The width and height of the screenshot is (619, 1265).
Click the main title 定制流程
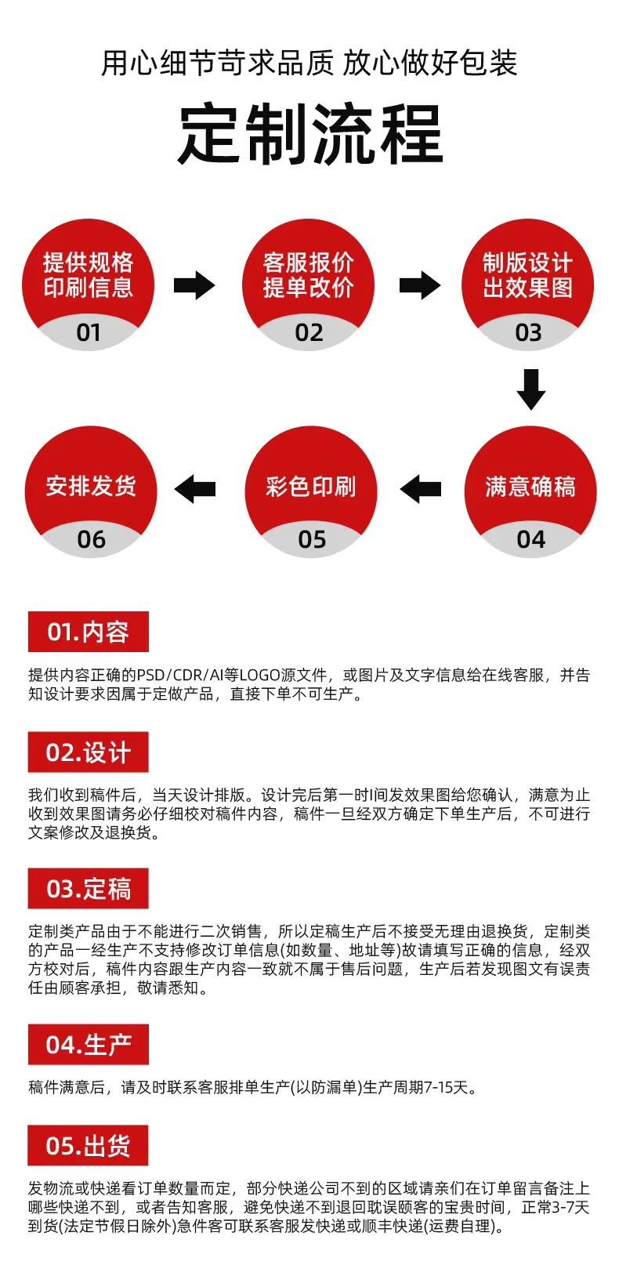tap(310, 134)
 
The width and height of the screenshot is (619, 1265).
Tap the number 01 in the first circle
tap(89, 332)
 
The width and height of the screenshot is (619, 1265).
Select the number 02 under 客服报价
tap(309, 332)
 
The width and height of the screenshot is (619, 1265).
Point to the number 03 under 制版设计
tap(529, 332)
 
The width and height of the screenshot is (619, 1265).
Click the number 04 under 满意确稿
tap(531, 539)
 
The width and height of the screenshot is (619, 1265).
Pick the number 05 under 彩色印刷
tap(312, 539)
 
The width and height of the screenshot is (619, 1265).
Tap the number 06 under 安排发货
tap(92, 539)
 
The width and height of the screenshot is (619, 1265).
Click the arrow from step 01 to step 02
tap(194, 285)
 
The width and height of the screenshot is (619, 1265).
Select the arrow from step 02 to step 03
tap(420, 285)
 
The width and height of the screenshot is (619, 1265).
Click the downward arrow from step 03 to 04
tap(531, 390)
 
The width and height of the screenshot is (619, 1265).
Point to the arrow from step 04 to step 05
tap(421, 489)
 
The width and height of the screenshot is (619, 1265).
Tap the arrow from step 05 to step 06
tap(195, 489)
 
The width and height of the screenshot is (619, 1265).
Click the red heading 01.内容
tap(88, 632)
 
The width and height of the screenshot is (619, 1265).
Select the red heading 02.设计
tap(88, 752)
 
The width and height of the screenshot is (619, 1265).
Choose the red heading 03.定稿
tap(88, 888)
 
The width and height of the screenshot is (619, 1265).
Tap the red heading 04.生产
tap(88, 1044)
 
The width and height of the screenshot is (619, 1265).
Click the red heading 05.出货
tap(88, 1145)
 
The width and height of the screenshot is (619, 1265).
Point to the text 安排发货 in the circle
tap(91, 486)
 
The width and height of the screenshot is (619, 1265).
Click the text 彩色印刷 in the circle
tap(310, 486)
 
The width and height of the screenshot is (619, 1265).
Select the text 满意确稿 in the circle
tap(530, 486)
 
